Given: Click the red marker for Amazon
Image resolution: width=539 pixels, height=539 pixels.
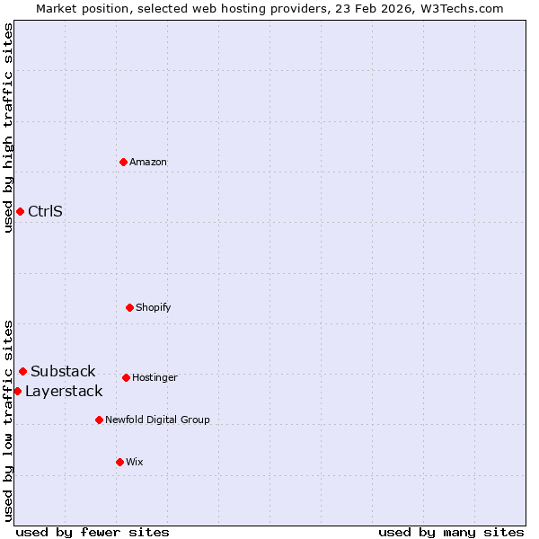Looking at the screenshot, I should coord(123,162).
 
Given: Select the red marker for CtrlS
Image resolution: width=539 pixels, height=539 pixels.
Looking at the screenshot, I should coord(20,211).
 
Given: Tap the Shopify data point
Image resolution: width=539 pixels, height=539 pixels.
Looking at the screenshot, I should coord(129,307).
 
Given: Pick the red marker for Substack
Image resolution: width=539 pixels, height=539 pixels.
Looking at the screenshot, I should coord(22,371).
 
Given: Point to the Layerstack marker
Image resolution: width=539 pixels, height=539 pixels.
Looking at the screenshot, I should coord(17,391).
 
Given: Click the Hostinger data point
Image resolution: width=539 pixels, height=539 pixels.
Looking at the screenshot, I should coord(126,377).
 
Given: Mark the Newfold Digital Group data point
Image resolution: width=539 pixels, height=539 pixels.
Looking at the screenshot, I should coord(99,420).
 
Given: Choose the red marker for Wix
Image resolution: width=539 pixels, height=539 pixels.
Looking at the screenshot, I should coord(119,462).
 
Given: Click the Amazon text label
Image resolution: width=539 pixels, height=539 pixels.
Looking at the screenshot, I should coord(148,163).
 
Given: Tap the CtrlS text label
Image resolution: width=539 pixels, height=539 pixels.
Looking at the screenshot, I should coord(45,212).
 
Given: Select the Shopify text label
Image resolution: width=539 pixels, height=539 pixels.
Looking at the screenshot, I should coord(154,308).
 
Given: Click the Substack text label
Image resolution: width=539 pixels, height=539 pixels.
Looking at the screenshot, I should coord(63,372).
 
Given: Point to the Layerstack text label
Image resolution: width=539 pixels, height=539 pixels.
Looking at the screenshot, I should coord(64,392).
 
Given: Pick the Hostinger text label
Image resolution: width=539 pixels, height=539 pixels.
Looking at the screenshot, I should coord(155,378).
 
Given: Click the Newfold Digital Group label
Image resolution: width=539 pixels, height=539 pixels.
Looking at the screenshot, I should coord(157,420).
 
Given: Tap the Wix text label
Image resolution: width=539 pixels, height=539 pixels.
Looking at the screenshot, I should coord(135,463).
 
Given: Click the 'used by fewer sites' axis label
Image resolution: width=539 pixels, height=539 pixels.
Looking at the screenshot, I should coord(93,532).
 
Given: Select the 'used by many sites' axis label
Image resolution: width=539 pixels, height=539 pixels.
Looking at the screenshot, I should coord(451,532).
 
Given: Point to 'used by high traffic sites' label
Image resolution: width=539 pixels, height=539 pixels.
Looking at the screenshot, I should coord(8,128).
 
